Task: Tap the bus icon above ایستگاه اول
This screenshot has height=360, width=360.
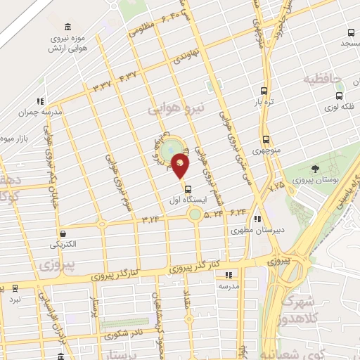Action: click(187, 188)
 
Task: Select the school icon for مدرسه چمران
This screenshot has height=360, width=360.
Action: click(40, 101)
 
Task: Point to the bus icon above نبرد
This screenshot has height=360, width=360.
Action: click(15, 288)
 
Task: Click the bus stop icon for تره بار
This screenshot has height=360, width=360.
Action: click(264, 91)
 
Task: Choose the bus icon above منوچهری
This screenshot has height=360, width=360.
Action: click(266, 139)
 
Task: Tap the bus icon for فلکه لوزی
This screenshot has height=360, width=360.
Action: click(340, 96)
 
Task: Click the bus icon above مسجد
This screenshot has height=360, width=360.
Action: click(351, 32)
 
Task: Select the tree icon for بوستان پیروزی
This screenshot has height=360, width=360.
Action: click(314, 168)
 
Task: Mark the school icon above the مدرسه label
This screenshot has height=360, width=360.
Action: click(227, 276)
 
